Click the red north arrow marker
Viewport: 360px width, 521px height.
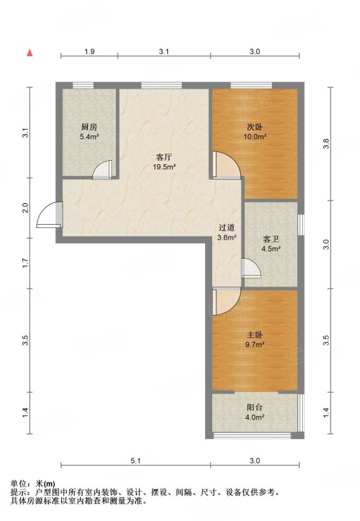tap(30, 53)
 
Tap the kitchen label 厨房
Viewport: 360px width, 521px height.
tap(89, 127)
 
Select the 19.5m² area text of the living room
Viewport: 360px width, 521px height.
tap(164, 167)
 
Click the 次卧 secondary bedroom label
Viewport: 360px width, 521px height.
tap(255, 127)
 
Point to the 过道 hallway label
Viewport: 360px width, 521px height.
tap(227, 227)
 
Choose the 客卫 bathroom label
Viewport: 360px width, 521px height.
tap(271, 239)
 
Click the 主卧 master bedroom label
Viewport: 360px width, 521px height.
tap(255, 335)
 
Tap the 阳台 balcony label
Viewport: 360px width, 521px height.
tap(255, 408)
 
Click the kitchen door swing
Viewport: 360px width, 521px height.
tap(102, 170)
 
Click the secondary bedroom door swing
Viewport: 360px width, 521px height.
tap(227, 165)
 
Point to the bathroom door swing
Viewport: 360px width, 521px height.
tap(251, 268)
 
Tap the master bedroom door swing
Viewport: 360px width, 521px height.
tap(226, 302)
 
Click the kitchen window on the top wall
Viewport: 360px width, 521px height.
tap(83, 85)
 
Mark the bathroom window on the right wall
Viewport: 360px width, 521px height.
tap(301, 225)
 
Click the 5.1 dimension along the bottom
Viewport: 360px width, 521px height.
tap(135, 460)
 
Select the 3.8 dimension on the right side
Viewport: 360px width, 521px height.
tap(326, 143)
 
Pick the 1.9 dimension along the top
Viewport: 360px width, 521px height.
tap(89, 51)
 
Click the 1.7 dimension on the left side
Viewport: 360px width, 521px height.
tap(25, 264)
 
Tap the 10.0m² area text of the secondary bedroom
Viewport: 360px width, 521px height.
tap(255, 137)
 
